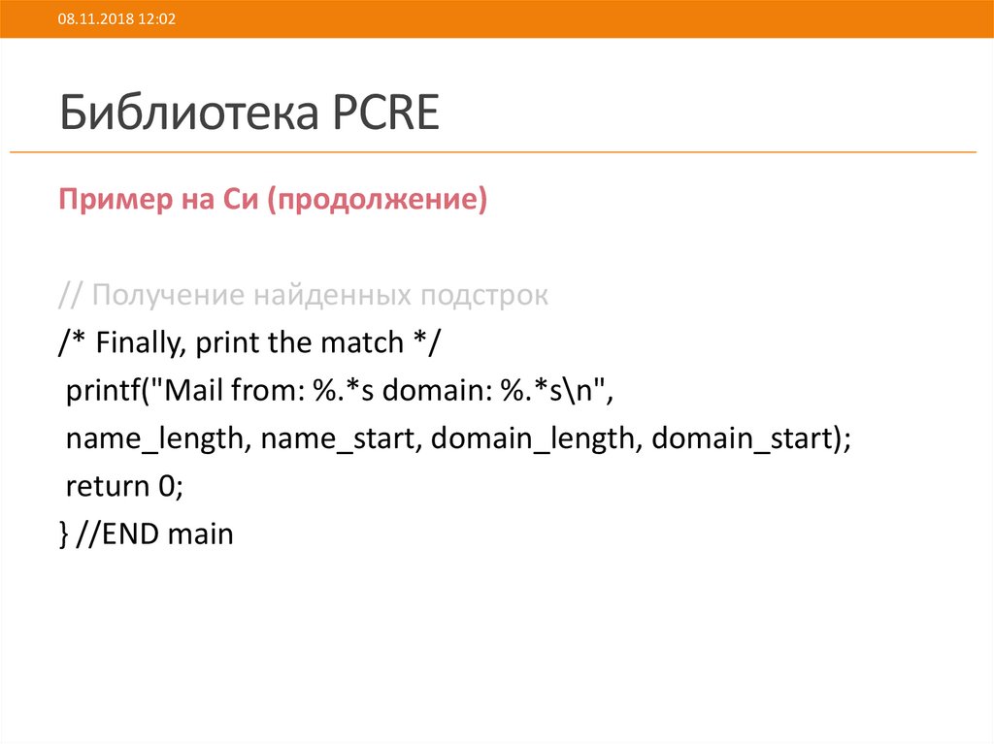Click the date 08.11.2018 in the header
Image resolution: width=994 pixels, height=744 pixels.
click(x=84, y=19)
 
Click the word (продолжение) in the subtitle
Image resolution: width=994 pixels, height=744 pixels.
click(x=381, y=202)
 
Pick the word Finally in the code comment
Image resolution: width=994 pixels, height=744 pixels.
click(x=134, y=343)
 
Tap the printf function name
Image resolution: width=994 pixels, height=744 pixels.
click(x=101, y=391)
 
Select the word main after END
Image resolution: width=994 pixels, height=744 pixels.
click(x=201, y=534)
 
